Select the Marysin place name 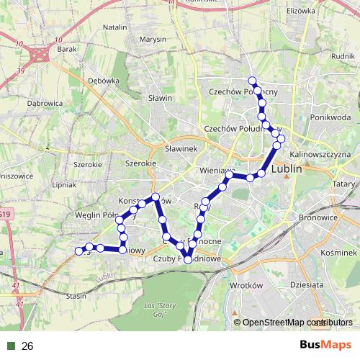[153, 39]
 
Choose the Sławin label [160, 98]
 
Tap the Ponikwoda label [330, 117]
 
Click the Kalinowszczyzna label [320, 154]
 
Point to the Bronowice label [318, 216]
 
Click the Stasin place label [76, 295]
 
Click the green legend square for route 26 [11, 346]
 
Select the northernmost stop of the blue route [252, 80]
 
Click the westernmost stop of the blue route [78, 251]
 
